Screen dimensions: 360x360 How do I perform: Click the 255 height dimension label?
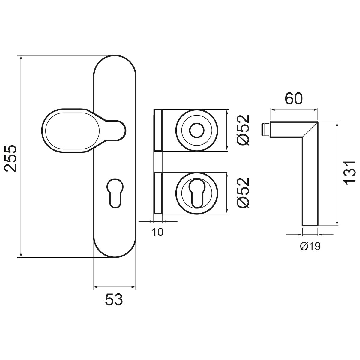pos(11,158)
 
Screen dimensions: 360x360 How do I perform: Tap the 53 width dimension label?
pos(114,299)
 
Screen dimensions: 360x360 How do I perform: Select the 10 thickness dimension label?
pos(158,232)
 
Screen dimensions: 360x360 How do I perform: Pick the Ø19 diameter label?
pos(310,246)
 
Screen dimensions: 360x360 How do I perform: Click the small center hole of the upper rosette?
pos(196,130)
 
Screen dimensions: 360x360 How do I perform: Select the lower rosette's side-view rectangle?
pos(158,193)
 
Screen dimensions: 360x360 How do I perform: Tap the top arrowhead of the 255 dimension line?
pos(21,58)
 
